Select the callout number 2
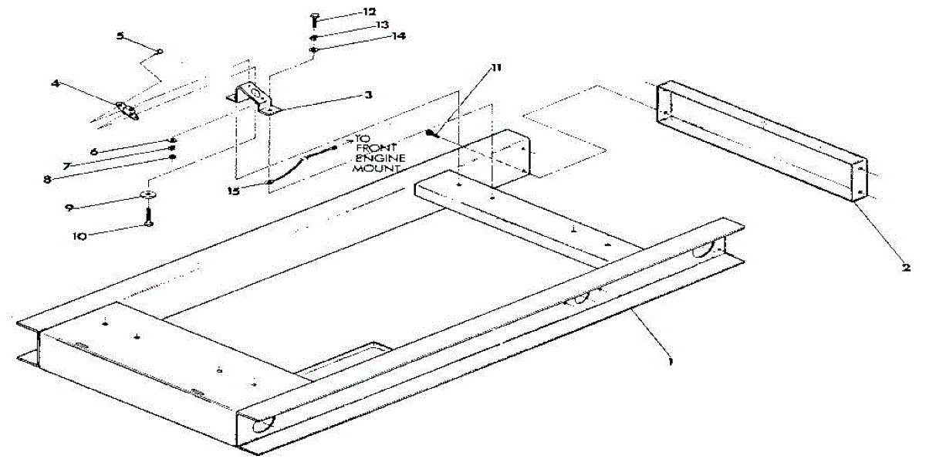point(906,268)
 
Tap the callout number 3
point(369,95)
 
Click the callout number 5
point(120,35)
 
